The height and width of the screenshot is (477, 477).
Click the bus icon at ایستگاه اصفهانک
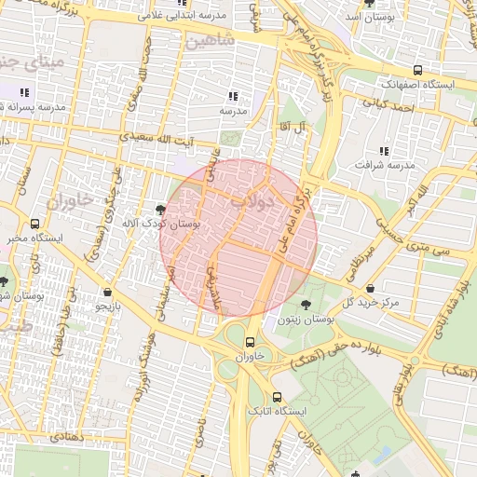pos(416,70)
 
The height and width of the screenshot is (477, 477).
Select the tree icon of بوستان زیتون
pos(306,305)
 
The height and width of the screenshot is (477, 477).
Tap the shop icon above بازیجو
pos(109,291)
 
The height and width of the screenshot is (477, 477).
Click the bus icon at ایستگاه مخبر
pos(35,224)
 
